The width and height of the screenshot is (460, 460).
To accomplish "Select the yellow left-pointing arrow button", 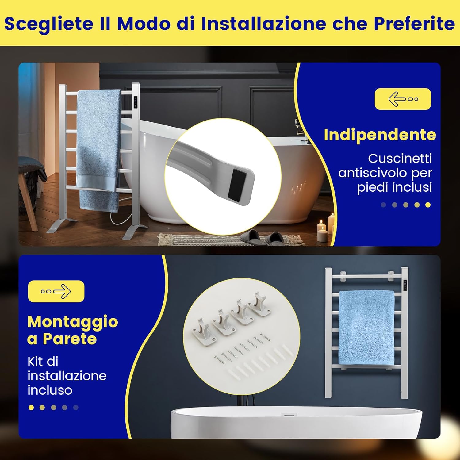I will (403, 99).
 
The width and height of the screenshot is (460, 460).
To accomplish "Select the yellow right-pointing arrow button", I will (56, 291).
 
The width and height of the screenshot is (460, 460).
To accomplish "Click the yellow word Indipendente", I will (380, 135).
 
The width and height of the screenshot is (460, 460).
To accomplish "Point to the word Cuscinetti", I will (400, 159).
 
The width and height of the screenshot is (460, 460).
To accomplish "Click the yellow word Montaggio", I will (73, 322).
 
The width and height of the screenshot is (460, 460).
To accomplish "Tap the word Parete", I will (70, 339).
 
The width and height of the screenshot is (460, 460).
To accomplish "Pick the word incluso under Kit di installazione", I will (50, 390).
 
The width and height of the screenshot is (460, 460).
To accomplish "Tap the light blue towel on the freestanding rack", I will (99, 144).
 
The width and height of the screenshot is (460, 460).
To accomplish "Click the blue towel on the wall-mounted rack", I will (366, 327).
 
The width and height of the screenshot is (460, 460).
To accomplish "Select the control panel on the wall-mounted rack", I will (405, 285).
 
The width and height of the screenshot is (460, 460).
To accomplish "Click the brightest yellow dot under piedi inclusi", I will (428, 205).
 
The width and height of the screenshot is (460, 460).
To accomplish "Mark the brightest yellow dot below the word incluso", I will (31, 408).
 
